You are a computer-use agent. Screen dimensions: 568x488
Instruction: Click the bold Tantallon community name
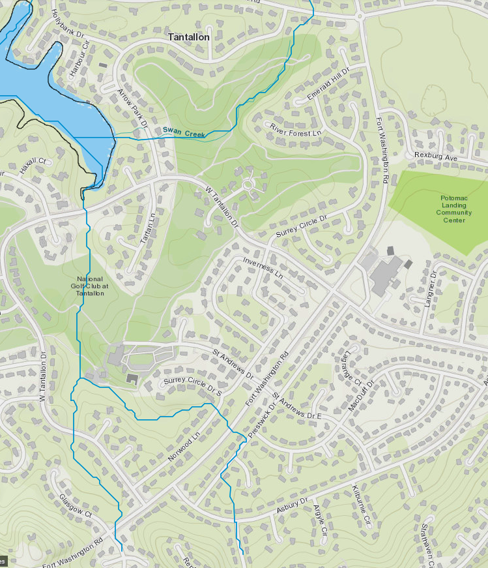coord(188,37)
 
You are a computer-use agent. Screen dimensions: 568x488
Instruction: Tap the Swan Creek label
coord(184,133)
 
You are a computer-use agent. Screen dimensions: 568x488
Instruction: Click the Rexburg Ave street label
coord(437,157)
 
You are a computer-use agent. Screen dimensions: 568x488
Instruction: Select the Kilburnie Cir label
coord(361,503)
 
